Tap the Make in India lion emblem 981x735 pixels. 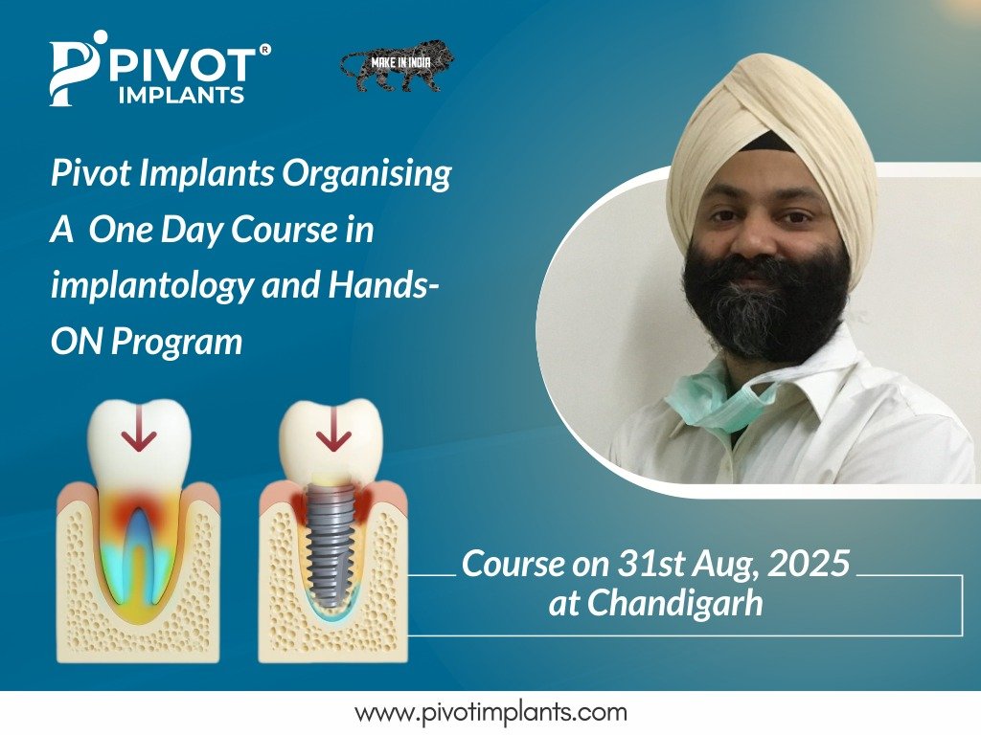398,66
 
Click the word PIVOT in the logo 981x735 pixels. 183,65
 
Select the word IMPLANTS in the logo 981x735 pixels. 181,95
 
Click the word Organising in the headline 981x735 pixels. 366,175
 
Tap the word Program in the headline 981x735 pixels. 176,344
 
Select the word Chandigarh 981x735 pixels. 674,604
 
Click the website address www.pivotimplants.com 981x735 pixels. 490,712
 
